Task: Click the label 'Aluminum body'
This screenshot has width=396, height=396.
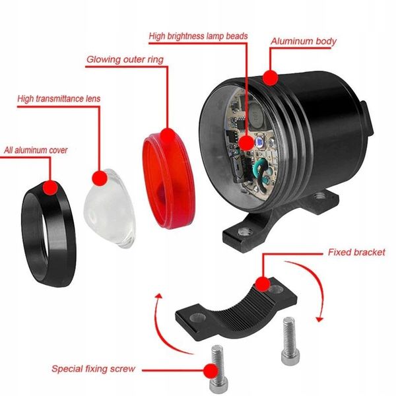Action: point(303,42)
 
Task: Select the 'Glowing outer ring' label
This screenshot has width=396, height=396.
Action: point(125,59)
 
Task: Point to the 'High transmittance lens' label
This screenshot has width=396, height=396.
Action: point(59,100)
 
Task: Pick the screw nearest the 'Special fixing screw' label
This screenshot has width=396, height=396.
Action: point(215,370)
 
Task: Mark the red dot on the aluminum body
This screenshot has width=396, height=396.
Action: point(269,78)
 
